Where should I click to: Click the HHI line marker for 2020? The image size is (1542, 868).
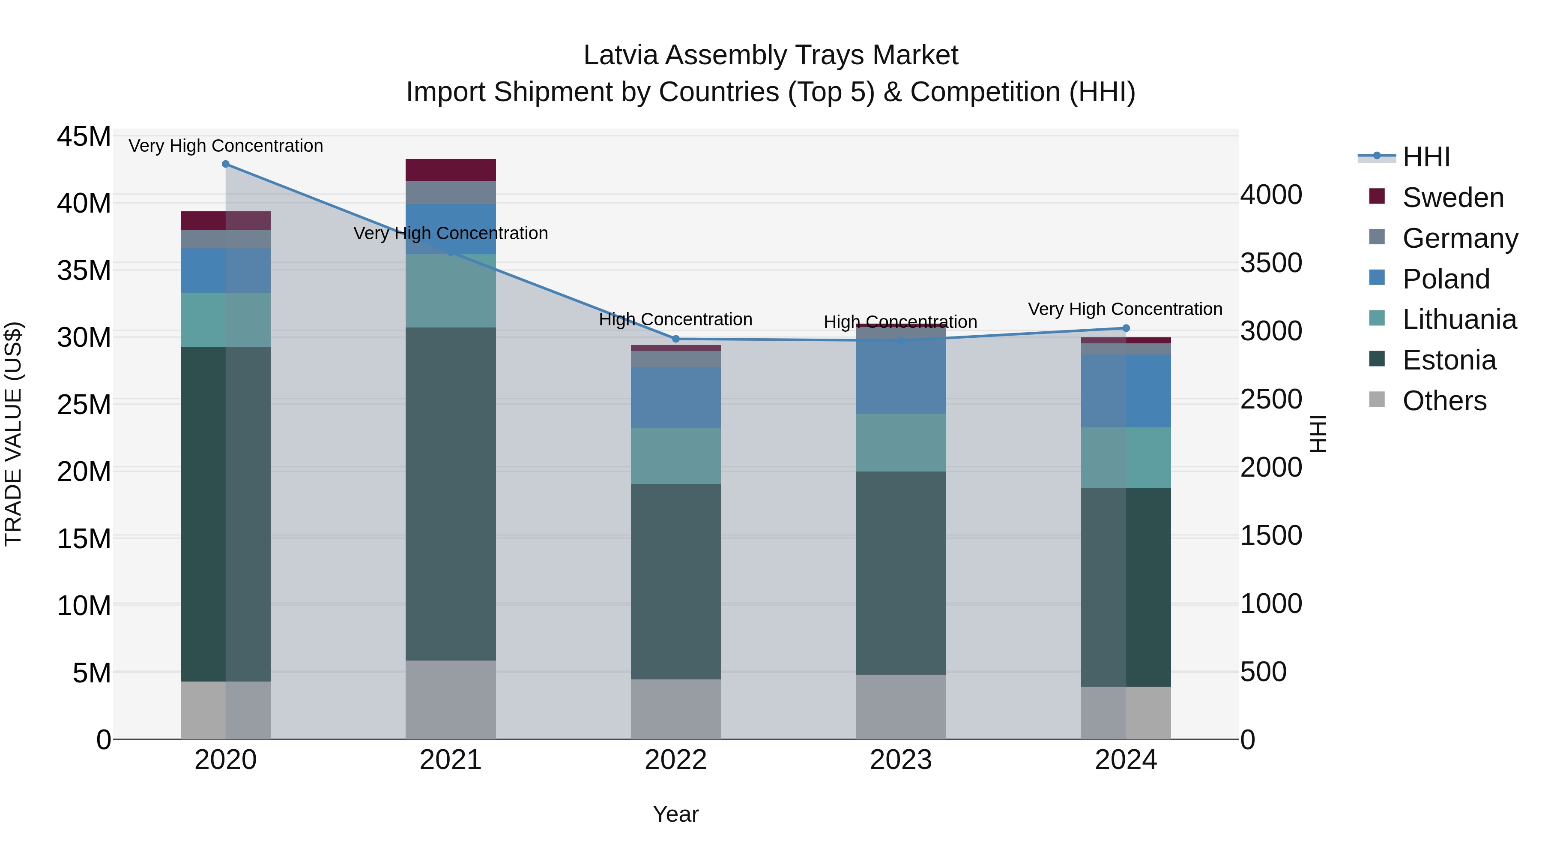(226, 164)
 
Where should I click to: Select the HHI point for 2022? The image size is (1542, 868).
(676, 339)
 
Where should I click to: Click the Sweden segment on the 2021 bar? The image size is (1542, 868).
(451, 170)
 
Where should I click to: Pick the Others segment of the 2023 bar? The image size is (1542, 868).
(900, 707)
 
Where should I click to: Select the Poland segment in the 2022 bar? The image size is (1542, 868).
(676, 397)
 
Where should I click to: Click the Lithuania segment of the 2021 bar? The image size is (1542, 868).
(451, 291)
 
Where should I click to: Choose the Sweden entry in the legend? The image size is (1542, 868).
(1453, 198)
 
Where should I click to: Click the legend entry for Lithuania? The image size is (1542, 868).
(1459, 320)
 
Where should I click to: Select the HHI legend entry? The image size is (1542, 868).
(1426, 157)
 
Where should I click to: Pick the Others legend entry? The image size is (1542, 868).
(1444, 401)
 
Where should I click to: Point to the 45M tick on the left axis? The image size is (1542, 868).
(84, 137)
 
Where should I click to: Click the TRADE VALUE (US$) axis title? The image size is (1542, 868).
(13, 434)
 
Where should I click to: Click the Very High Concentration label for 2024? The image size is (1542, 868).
(1125, 309)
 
